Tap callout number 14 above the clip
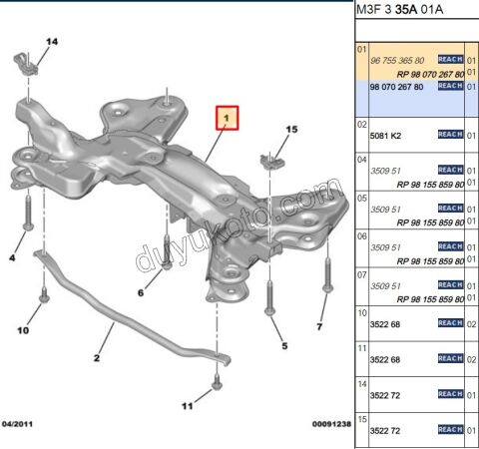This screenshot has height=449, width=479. [52, 41]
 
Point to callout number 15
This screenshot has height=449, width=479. [292, 130]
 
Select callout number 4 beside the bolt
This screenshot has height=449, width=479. [13, 258]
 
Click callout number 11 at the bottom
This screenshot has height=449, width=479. [187, 406]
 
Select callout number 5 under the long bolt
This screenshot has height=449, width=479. [284, 346]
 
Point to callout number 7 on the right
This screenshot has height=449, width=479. [320, 326]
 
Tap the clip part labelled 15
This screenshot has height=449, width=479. [268, 160]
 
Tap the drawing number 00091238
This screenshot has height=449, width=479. [328, 425]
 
